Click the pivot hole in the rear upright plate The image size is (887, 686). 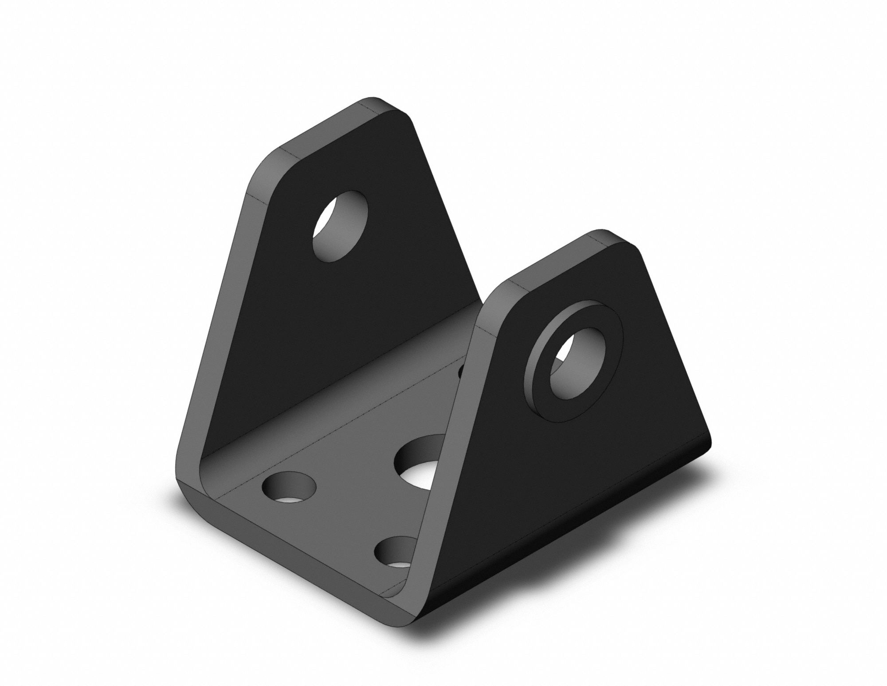pyautogui.click(x=340, y=226)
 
